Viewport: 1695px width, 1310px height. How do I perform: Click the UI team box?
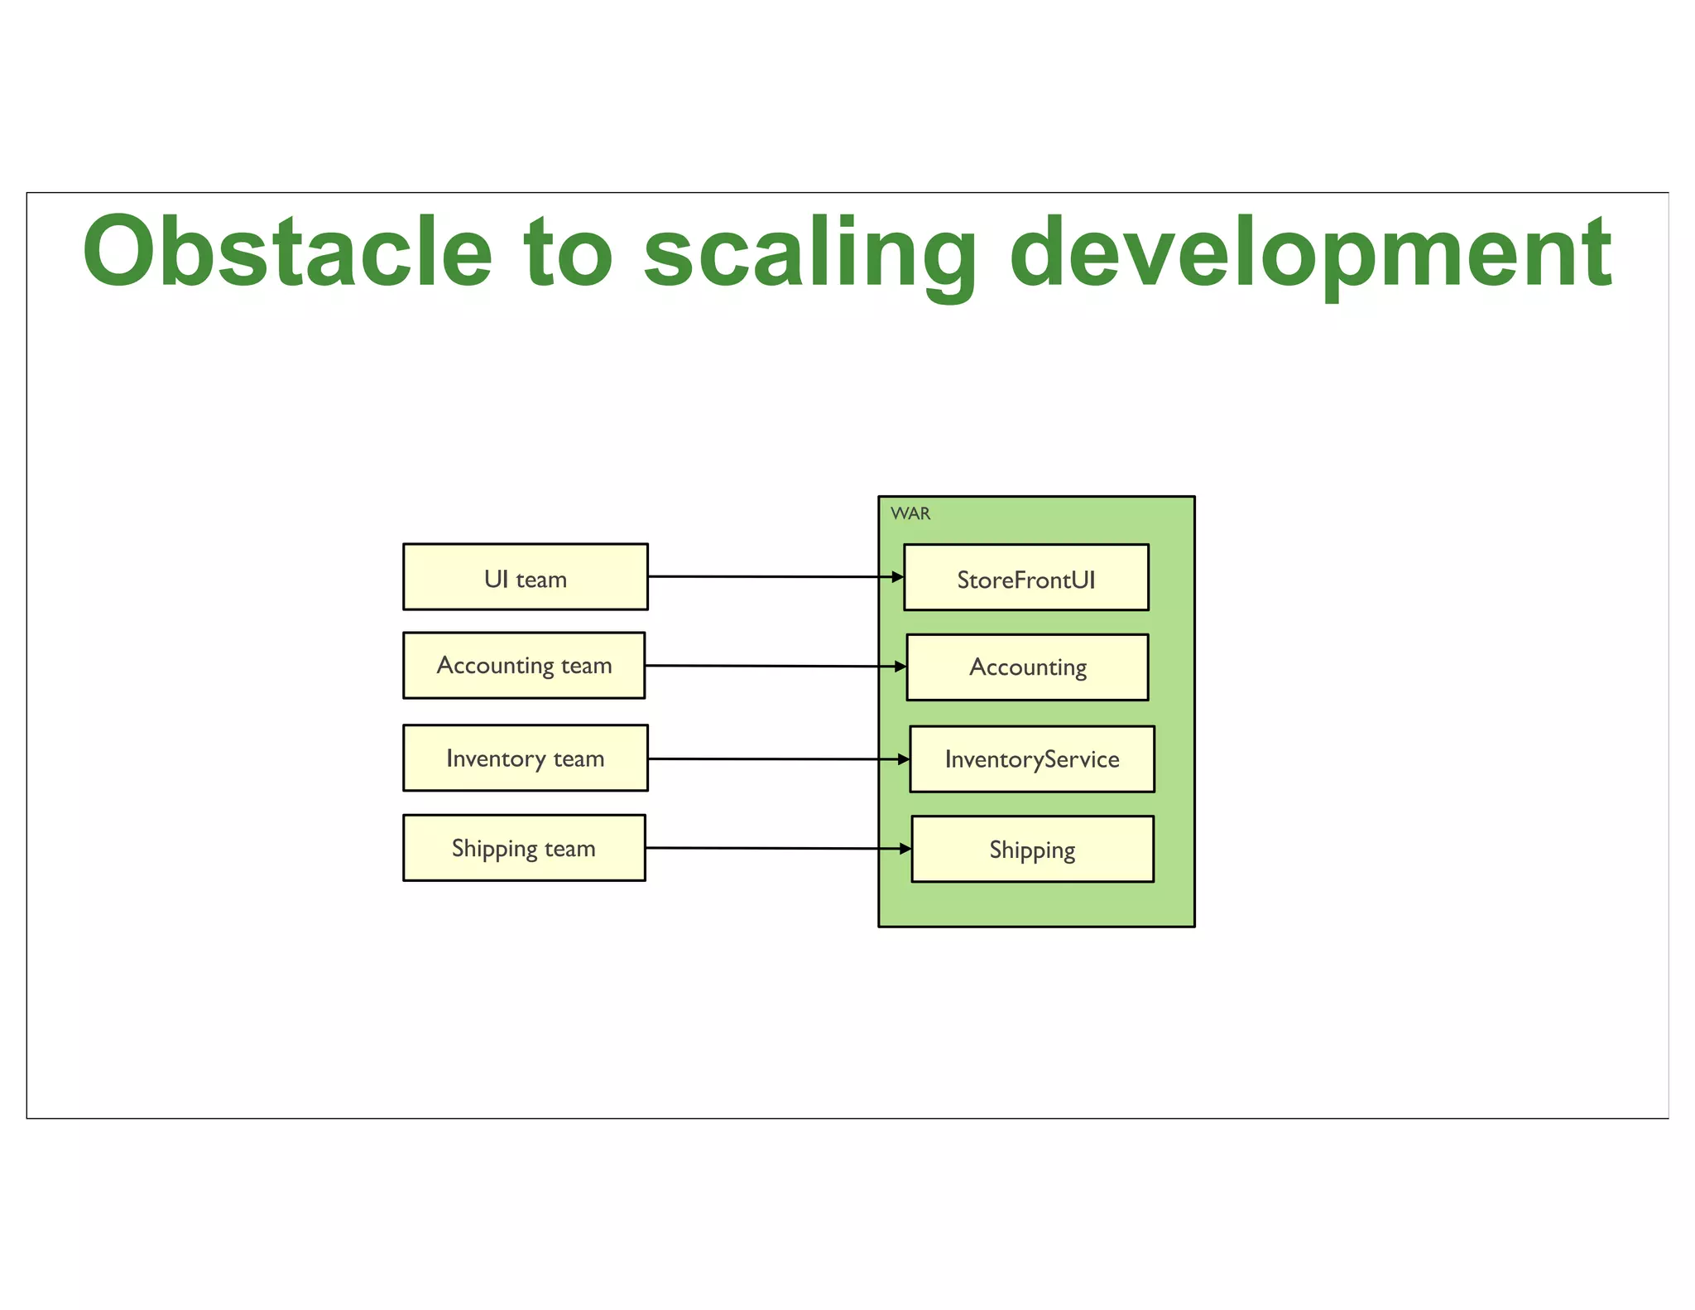pyautogui.click(x=525, y=577)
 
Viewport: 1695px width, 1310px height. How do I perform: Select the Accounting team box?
pyautogui.click(x=524, y=666)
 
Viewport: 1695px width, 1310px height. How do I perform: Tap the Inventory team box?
pyautogui.click(x=525, y=759)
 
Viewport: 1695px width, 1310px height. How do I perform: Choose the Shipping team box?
pyautogui.click(x=524, y=848)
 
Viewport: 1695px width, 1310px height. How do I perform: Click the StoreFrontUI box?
pyautogui.click(x=1025, y=578)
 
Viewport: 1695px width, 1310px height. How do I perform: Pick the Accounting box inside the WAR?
pyautogui.click(x=1027, y=667)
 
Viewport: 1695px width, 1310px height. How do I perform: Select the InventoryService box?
pyautogui.click(x=1031, y=759)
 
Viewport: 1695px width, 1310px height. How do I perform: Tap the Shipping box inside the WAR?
pyautogui.click(x=1032, y=850)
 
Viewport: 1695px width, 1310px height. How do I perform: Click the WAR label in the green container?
pyautogui.click(x=910, y=513)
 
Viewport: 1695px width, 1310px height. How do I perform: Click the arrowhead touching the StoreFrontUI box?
pyautogui.click(x=898, y=577)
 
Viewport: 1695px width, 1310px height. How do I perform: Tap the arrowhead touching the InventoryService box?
pyautogui.click(x=904, y=759)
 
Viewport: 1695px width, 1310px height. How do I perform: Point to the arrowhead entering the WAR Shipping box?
pyautogui.click(x=905, y=849)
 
